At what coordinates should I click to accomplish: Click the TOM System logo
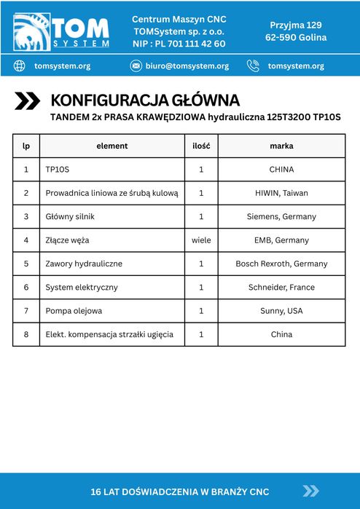tap(61, 31)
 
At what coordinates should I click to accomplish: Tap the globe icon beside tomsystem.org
tap(20, 66)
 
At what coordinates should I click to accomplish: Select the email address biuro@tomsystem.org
tap(187, 66)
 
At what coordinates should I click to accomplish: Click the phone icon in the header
tap(253, 66)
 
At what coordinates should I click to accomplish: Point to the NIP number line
tap(179, 44)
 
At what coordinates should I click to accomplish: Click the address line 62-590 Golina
tap(296, 37)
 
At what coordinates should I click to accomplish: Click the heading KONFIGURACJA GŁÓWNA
tap(144, 100)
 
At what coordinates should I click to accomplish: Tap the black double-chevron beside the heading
tap(28, 101)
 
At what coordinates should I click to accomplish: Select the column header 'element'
tap(111, 146)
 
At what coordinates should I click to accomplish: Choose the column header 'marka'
tap(281, 146)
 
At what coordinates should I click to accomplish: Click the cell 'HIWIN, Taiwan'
tap(281, 193)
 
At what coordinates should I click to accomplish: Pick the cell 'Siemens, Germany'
tap(281, 216)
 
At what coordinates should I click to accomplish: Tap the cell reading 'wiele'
tap(201, 240)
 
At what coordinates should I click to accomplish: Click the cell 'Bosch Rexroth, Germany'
tap(281, 264)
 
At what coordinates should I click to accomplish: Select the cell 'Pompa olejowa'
tap(74, 311)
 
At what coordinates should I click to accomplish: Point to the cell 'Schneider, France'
tap(281, 287)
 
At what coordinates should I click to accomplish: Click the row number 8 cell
tap(26, 334)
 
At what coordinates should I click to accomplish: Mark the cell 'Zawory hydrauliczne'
tap(84, 264)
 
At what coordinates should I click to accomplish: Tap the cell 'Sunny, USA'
tap(281, 311)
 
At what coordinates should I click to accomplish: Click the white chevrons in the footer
tap(311, 491)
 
